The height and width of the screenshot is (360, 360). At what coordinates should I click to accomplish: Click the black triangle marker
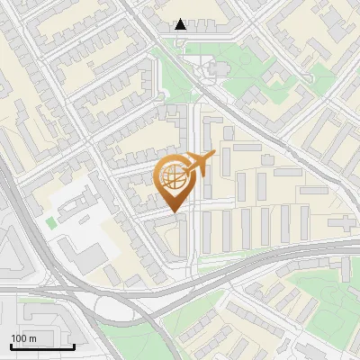(181, 24)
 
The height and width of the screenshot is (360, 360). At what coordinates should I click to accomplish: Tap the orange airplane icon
(200, 163)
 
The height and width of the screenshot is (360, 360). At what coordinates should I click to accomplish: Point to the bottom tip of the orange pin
(174, 213)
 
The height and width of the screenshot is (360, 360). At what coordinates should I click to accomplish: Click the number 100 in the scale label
(19, 338)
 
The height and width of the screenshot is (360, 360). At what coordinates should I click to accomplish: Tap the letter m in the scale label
(32, 338)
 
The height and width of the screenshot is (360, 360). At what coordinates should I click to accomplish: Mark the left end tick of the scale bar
(11, 346)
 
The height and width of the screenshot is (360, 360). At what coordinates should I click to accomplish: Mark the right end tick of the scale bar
(74, 346)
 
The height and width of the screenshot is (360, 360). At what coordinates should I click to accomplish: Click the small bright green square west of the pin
(50, 221)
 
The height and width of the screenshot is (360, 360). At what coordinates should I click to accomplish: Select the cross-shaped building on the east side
(343, 221)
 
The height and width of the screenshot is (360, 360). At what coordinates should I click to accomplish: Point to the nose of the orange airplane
(213, 156)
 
